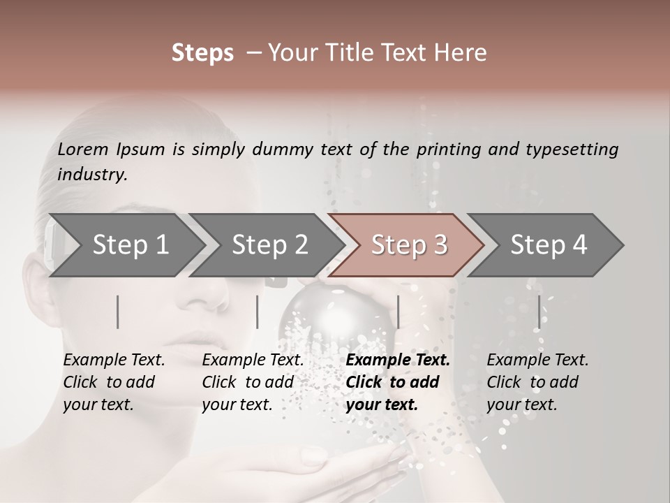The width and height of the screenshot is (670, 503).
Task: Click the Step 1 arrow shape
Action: click(126, 245)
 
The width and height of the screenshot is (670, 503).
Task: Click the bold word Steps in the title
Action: click(202, 53)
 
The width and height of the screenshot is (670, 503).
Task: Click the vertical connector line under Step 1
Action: click(118, 312)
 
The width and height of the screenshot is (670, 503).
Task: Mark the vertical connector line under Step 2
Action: click(258, 312)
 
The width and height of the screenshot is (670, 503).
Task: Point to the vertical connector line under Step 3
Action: click(398, 312)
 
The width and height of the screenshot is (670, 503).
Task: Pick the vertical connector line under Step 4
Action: click(539, 312)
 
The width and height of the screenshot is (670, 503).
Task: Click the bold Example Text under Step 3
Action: click(398, 360)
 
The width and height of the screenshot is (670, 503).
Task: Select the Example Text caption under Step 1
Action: click(114, 360)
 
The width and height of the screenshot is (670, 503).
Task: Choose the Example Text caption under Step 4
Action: click(537, 360)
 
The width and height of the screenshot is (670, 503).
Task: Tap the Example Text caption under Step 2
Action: click(253, 360)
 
